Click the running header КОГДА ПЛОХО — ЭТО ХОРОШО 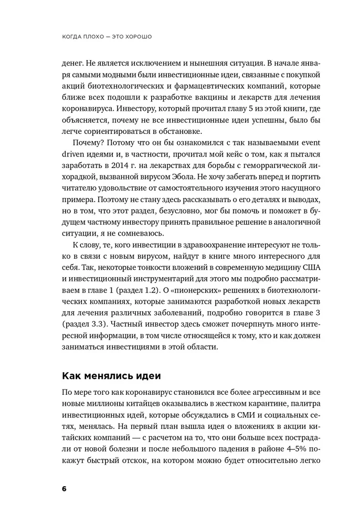click(111, 37)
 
